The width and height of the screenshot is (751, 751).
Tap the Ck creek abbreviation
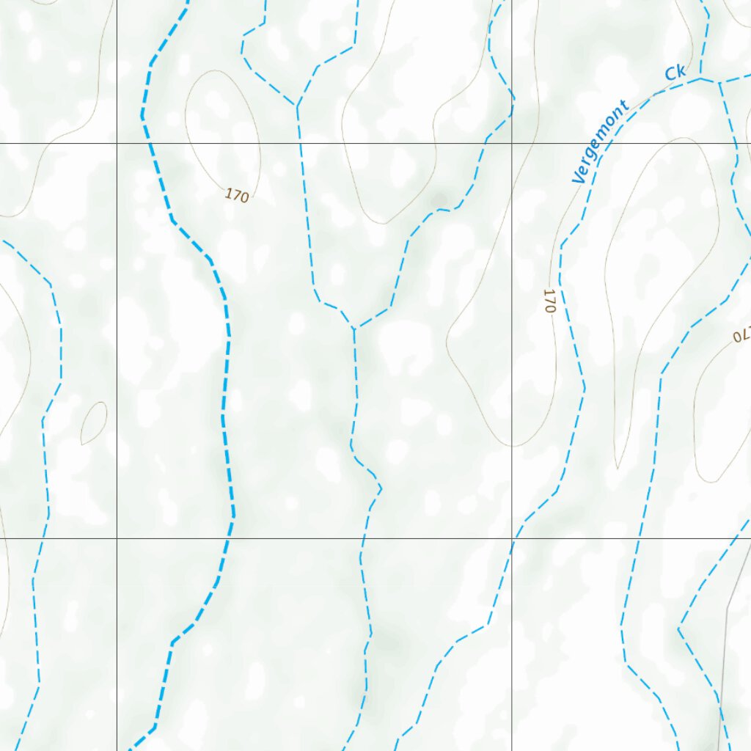(x=675, y=73)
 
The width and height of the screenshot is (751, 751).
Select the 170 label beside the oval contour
(x=237, y=196)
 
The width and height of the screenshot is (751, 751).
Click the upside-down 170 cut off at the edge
(x=741, y=334)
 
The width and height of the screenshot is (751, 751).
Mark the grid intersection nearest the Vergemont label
(x=512, y=144)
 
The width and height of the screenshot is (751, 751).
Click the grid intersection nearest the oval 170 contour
(x=117, y=144)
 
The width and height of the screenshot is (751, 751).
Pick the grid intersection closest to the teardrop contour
(x=117, y=538)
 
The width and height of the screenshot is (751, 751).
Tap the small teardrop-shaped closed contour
(x=93, y=423)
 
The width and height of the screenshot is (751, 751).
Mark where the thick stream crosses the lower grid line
(x=229, y=538)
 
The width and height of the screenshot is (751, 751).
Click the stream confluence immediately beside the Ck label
(x=701, y=78)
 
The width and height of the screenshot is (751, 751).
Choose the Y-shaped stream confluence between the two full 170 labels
(x=353, y=328)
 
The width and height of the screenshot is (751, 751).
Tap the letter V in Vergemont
(x=576, y=177)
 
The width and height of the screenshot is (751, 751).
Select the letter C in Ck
(x=670, y=75)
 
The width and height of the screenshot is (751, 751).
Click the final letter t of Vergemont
(x=624, y=105)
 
